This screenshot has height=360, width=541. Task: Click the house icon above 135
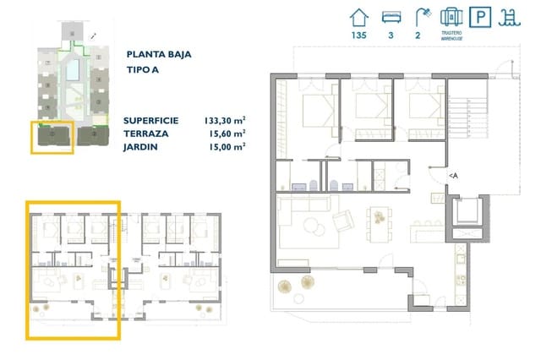click(x=359, y=17)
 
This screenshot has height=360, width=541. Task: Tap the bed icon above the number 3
click(x=391, y=17)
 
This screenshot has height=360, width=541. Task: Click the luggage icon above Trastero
click(x=451, y=17)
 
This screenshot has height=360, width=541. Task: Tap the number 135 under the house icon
click(x=359, y=35)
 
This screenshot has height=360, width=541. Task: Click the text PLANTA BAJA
click(x=157, y=54)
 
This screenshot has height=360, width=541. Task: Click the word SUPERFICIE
click(x=155, y=120)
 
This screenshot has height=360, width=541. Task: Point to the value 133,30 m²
click(x=224, y=120)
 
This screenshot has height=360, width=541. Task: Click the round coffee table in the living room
click(x=313, y=225)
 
